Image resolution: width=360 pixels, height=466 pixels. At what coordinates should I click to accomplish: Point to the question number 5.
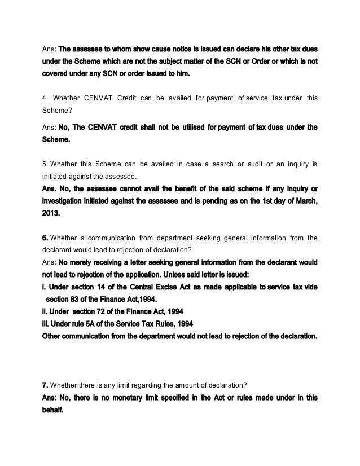tap(45, 164)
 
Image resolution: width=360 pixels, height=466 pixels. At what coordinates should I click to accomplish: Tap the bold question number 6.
tap(46, 238)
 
